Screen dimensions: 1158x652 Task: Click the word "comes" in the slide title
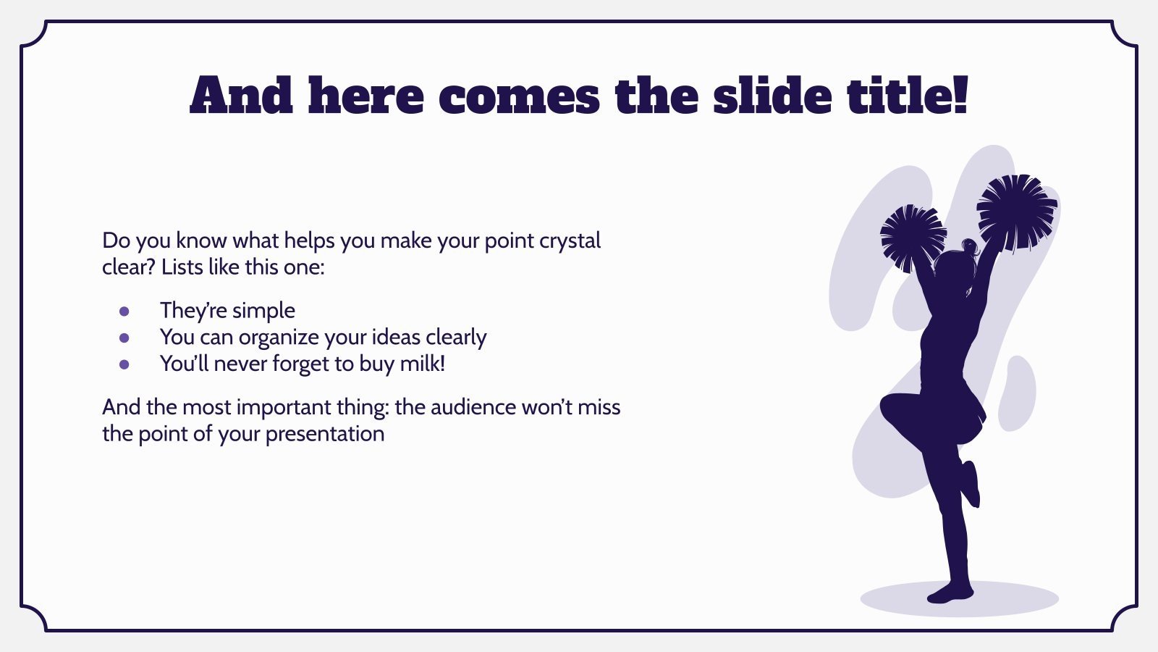coord(519,96)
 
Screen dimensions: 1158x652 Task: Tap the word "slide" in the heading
coord(772,94)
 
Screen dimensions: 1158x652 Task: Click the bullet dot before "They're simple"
coord(124,311)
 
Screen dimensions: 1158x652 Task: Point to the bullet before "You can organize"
coord(124,338)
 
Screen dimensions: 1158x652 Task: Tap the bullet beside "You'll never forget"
coord(124,364)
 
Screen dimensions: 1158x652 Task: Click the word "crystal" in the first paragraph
coord(570,242)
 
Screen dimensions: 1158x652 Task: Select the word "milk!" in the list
coord(423,363)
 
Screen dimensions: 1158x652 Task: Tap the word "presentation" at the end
coord(325,435)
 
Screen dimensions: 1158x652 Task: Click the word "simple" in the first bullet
coord(263,312)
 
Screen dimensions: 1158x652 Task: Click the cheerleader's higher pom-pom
coord(1017,212)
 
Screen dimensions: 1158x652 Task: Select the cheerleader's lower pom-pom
coord(913,238)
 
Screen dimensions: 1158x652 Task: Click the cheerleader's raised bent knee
coord(891,407)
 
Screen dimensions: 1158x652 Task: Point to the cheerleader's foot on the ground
coord(950,593)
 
